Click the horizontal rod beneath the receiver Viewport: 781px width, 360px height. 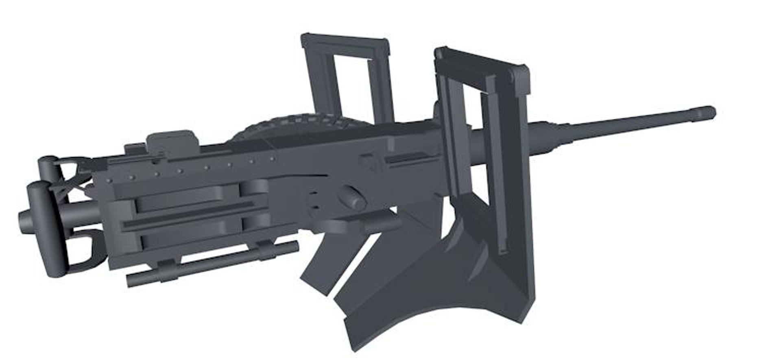pyautogui.click(x=212, y=264)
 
